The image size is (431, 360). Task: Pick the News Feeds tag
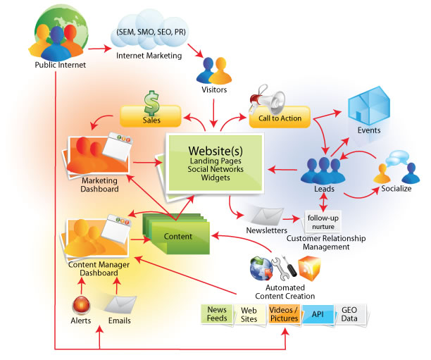[216, 314]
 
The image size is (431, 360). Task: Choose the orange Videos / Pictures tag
[285, 314]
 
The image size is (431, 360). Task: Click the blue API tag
[319, 314]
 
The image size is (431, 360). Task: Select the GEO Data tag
[351, 314]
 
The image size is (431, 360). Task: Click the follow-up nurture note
[324, 222]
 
